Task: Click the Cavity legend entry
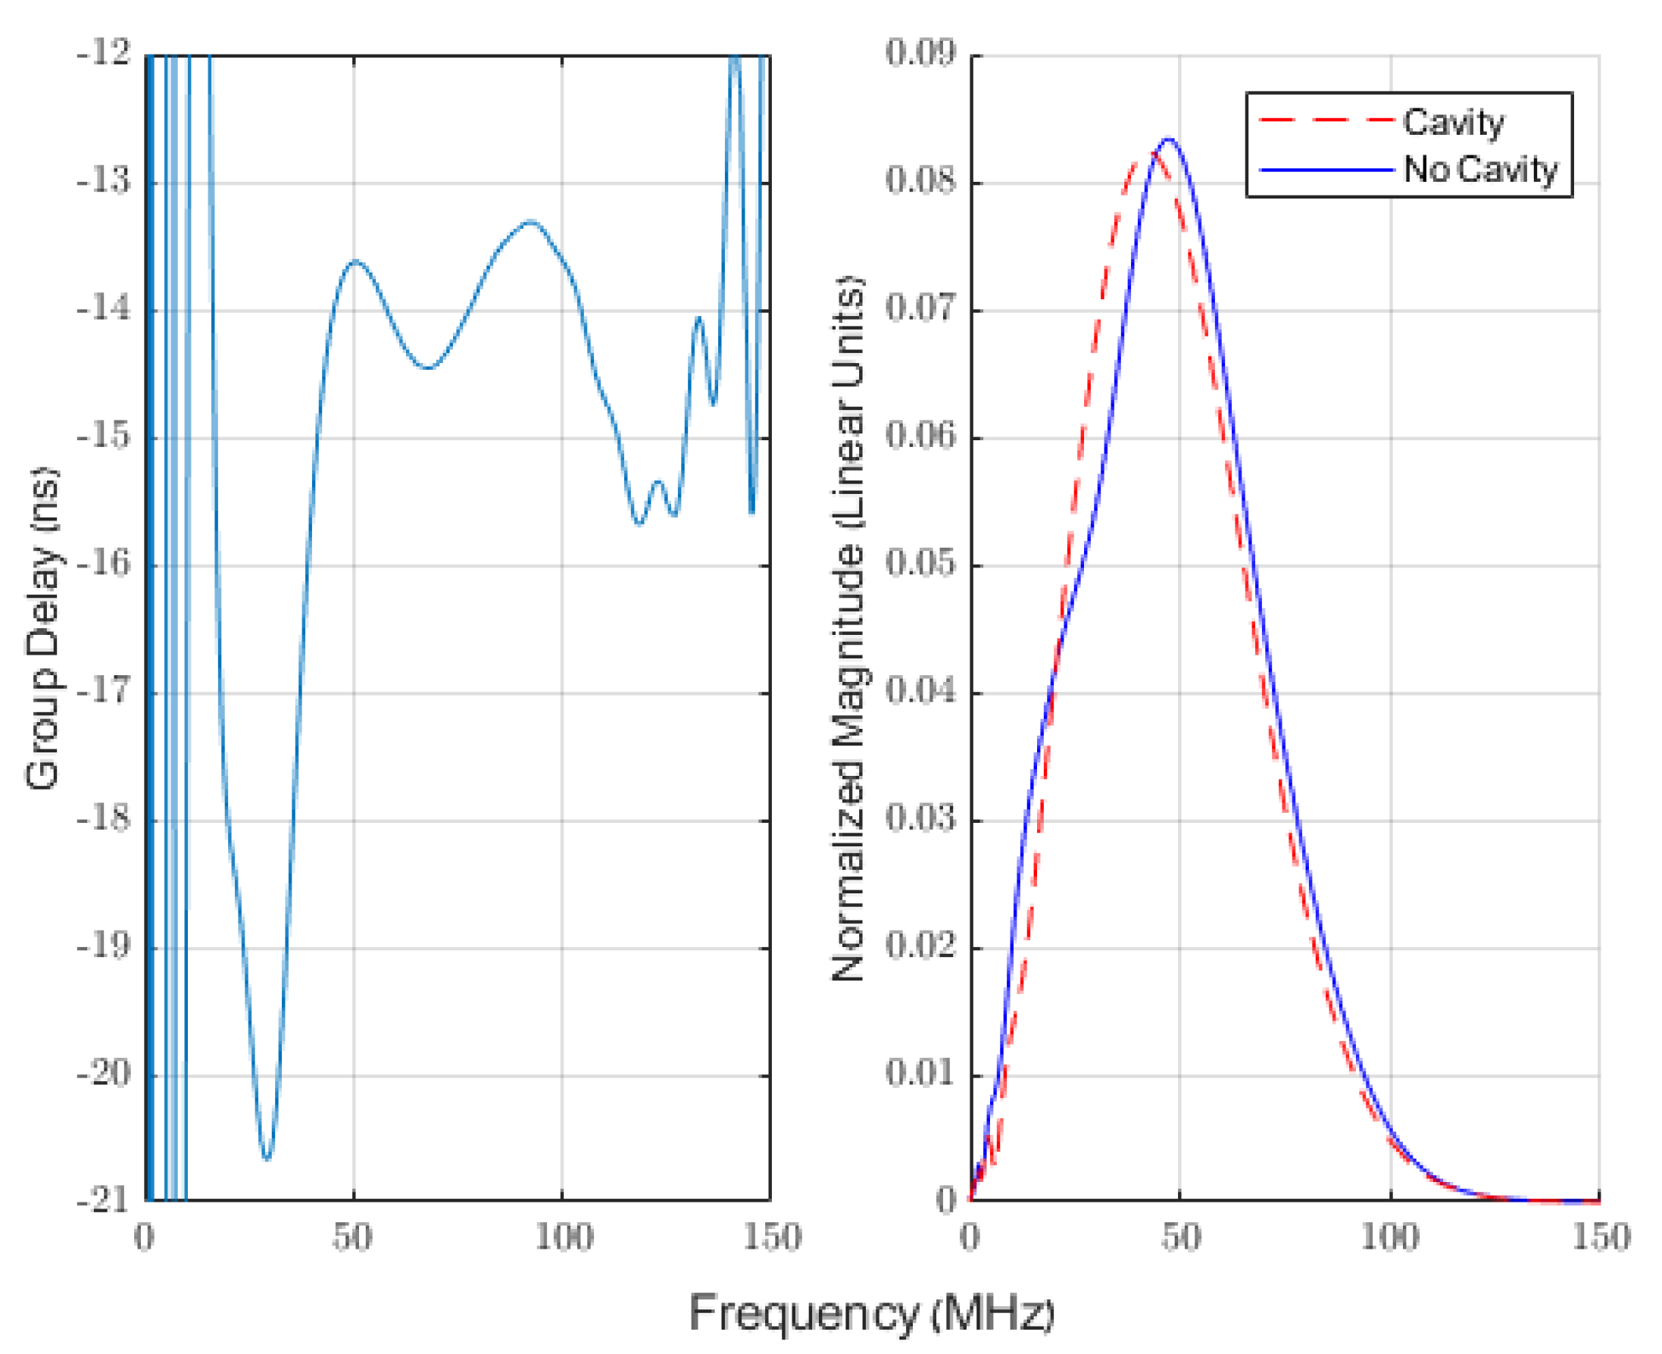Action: (1453, 123)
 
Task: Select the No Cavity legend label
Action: (1479, 169)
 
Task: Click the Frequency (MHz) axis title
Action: (871, 1312)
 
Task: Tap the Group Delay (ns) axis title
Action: (43, 628)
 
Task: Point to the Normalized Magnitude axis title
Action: (848, 628)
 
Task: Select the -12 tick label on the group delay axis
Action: (102, 55)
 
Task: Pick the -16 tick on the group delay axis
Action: (102, 564)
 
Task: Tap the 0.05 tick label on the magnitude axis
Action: (920, 564)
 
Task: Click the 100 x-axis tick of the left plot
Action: (562, 1237)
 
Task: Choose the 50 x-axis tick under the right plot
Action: (1180, 1237)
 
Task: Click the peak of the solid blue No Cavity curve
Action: (1167, 139)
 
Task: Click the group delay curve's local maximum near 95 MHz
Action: (531, 221)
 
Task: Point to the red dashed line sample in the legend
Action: (1326, 121)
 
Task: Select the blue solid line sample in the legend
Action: (1326, 169)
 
